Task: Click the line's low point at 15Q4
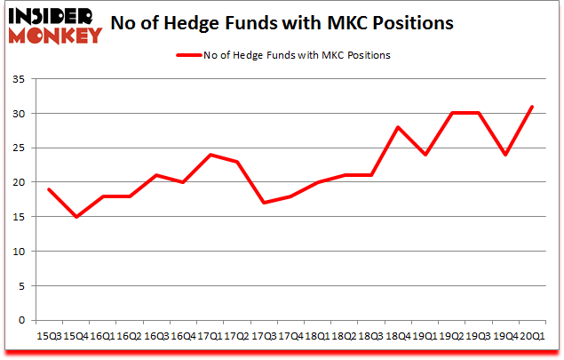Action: coord(77,217)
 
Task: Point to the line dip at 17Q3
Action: coord(265,203)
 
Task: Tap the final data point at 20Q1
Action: coord(533,107)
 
